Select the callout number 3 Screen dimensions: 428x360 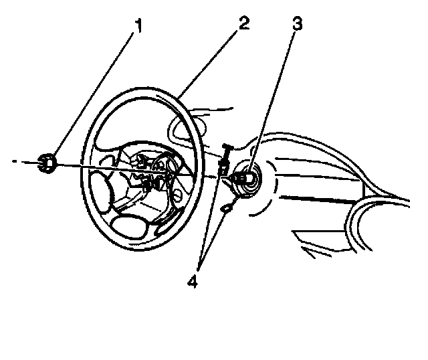(296, 25)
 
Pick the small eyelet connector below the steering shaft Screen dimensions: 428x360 (227, 209)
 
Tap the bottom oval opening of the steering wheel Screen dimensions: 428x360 (131, 225)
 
